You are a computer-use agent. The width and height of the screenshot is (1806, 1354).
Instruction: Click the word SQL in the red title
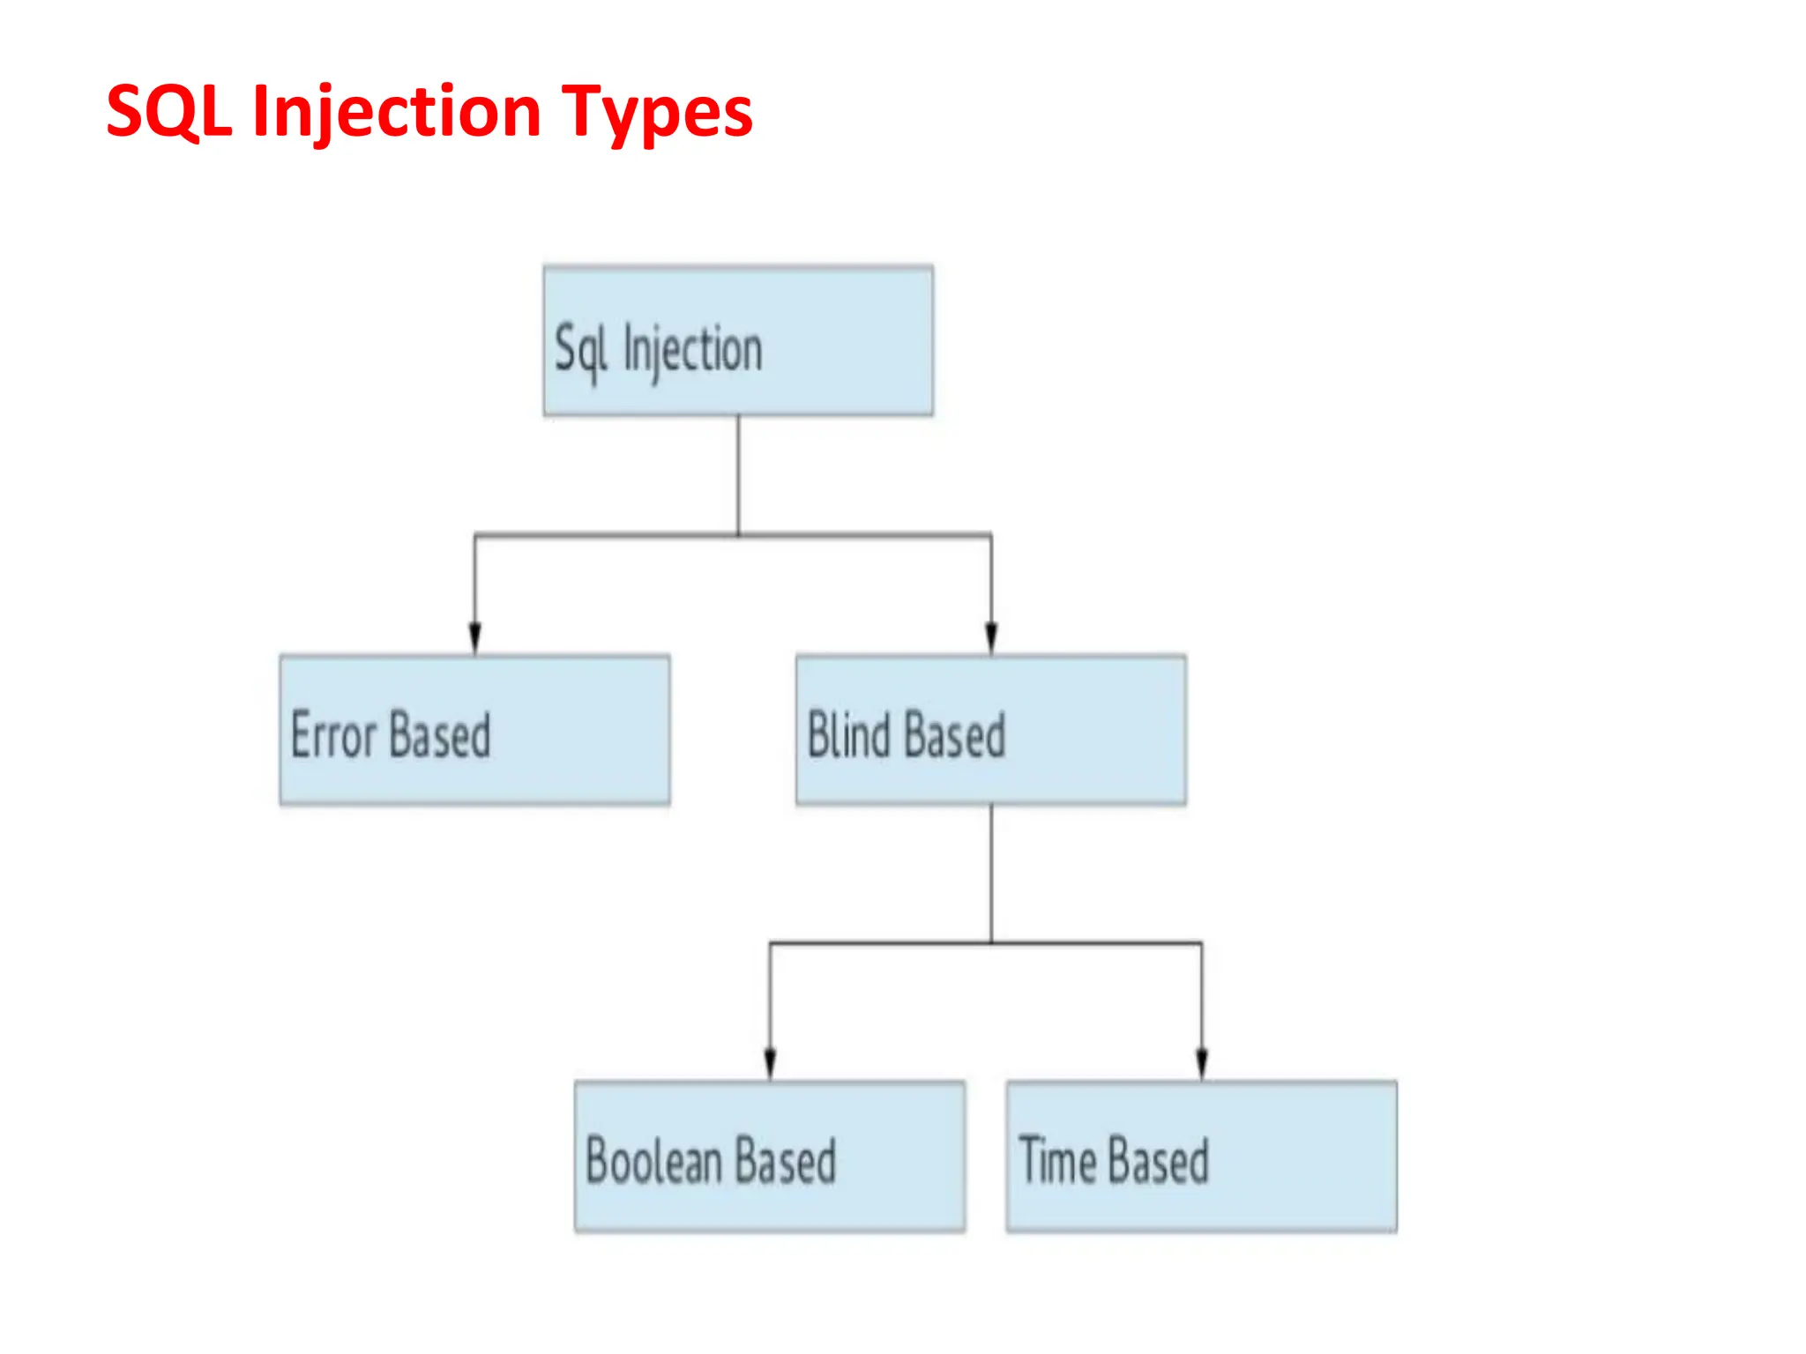tap(168, 112)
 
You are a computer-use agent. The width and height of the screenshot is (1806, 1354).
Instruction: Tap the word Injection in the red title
tap(397, 112)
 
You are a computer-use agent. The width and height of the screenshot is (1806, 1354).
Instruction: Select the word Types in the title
tap(657, 112)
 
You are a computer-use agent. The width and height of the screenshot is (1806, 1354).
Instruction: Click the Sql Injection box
tap(738, 341)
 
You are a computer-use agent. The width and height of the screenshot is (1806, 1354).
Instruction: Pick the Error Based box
tap(474, 730)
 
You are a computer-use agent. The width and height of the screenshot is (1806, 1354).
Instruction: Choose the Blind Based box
tap(990, 730)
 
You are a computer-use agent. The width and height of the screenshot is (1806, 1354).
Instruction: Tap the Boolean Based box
tap(769, 1156)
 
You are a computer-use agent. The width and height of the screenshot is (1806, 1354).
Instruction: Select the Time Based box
tap(1201, 1156)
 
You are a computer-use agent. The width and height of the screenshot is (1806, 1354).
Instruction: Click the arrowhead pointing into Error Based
tap(474, 636)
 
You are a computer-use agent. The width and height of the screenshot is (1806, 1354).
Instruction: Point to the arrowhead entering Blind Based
tap(991, 636)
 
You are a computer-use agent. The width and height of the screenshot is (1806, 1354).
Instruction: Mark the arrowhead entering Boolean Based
tap(770, 1062)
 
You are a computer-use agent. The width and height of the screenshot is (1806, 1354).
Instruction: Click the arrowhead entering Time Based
tap(1201, 1062)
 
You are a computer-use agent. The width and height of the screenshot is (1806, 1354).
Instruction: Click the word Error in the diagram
tap(333, 734)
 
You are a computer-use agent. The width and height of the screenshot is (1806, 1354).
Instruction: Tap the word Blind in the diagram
tap(850, 734)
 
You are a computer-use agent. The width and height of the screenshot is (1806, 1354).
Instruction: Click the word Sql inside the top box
tap(580, 350)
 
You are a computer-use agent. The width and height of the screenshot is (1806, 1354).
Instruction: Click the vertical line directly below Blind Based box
tap(991, 873)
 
